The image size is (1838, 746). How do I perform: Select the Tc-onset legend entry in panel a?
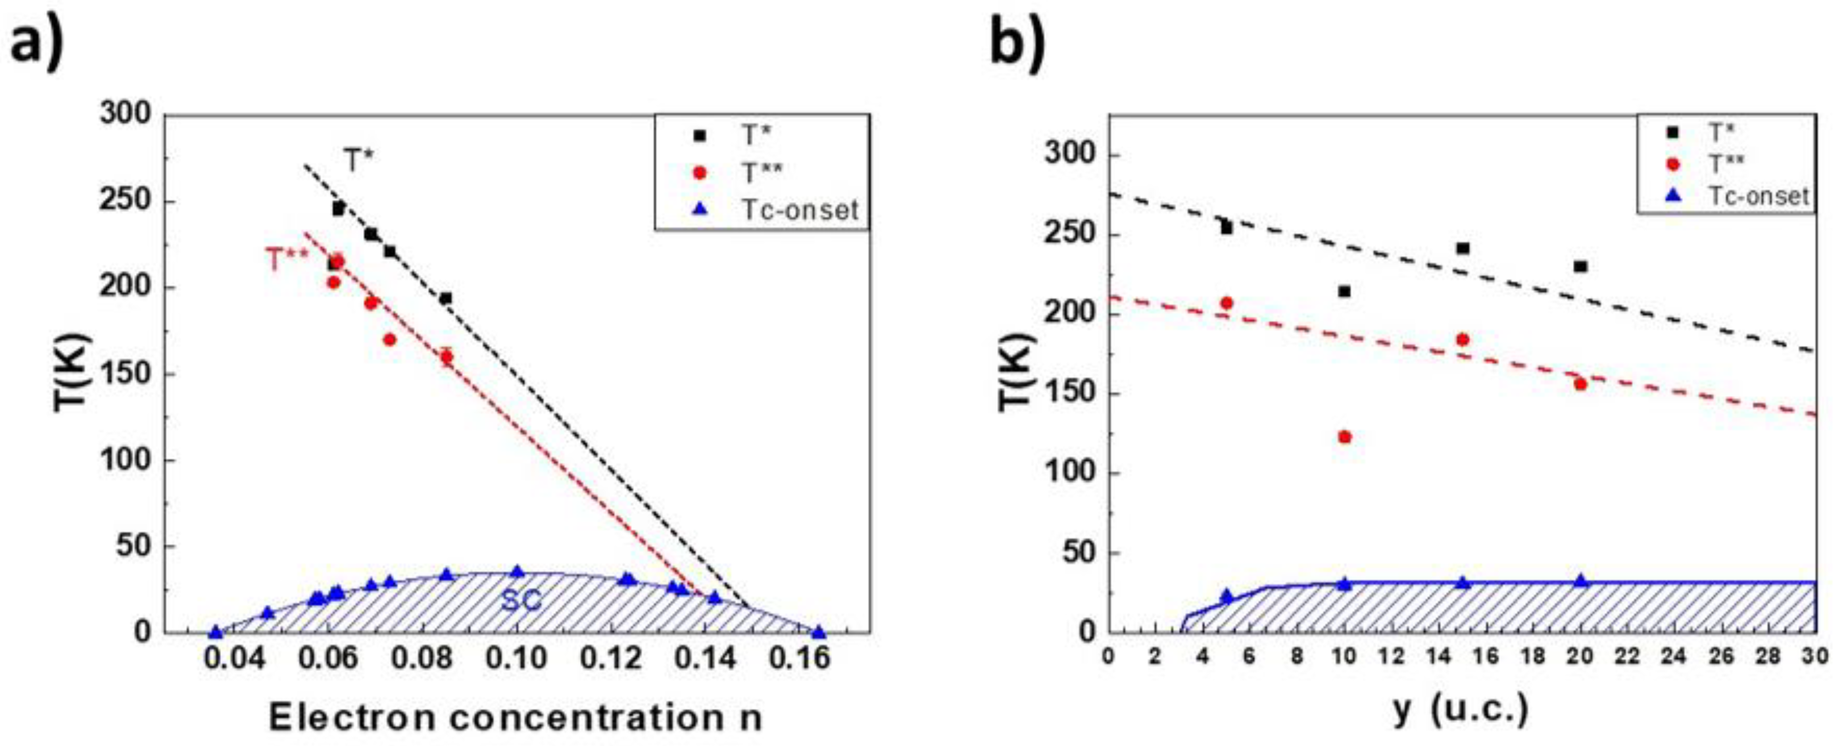(799, 210)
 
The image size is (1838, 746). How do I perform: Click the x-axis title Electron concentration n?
(516, 717)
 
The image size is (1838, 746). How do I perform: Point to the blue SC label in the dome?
(521, 600)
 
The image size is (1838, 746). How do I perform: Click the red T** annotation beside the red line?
(287, 260)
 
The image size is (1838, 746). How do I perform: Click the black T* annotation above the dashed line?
(359, 162)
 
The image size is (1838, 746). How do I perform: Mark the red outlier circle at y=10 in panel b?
(1345, 437)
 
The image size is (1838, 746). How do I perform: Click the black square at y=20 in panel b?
(1580, 266)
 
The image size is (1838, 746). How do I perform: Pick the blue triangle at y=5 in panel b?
(1227, 596)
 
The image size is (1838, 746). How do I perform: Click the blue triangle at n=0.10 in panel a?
(518, 571)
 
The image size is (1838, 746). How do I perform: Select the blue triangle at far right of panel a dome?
(819, 632)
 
